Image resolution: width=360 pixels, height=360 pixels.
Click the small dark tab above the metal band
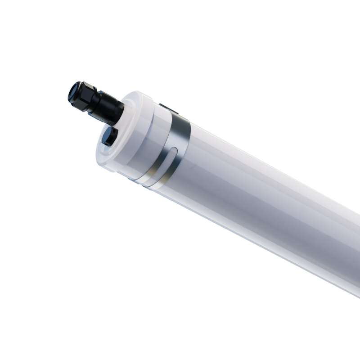tap(164, 107)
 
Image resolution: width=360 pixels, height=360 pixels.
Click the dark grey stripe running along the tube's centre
tap(270, 198)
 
